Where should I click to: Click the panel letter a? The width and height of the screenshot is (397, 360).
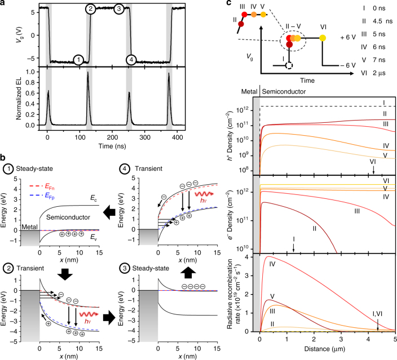pyautogui.click(x=5, y=5)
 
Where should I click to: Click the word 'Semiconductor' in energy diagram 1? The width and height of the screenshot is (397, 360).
pyautogui.click(x=69, y=216)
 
